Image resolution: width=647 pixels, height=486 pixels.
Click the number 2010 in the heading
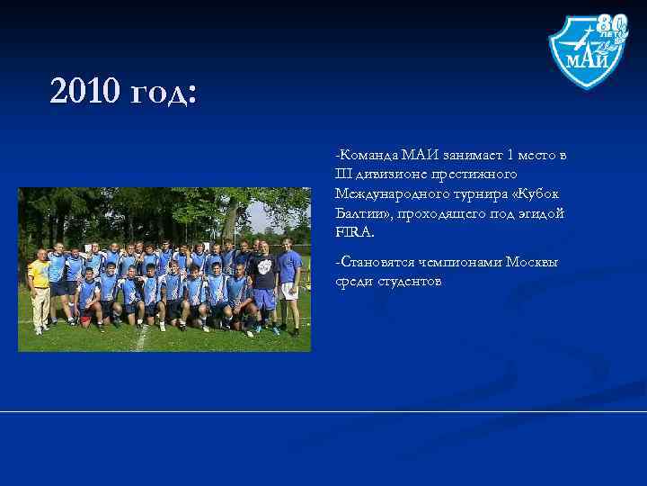[86, 91]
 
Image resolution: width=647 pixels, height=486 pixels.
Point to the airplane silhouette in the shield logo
[575, 41]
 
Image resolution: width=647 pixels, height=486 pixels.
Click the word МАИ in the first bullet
[419, 155]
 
